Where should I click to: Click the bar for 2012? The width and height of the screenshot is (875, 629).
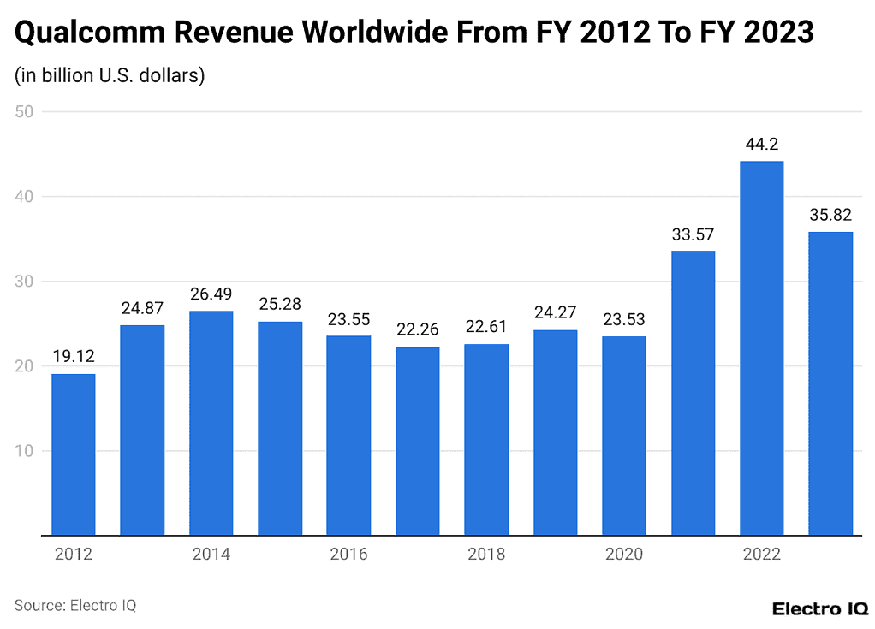point(73,454)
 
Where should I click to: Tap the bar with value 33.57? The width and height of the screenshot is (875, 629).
point(693,393)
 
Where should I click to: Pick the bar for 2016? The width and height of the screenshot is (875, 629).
point(348,436)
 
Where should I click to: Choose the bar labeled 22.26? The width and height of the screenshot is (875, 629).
point(417,441)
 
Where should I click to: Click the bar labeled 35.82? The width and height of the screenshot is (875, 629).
point(830,383)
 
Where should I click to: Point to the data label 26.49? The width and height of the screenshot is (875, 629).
point(211,294)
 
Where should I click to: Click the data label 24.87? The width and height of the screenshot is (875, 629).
point(142,308)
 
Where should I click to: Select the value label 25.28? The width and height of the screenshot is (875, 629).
point(280,305)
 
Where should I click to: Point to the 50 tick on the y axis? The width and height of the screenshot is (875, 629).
point(23,111)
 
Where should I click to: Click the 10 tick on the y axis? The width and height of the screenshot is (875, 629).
point(23,451)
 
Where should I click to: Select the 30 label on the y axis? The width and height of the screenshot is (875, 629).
point(23,282)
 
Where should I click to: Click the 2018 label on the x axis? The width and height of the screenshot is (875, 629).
point(486,555)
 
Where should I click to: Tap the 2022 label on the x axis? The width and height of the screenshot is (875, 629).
point(761,555)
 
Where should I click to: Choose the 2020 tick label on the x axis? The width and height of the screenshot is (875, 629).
point(623,555)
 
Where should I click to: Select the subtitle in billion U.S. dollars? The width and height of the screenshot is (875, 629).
point(110,75)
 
